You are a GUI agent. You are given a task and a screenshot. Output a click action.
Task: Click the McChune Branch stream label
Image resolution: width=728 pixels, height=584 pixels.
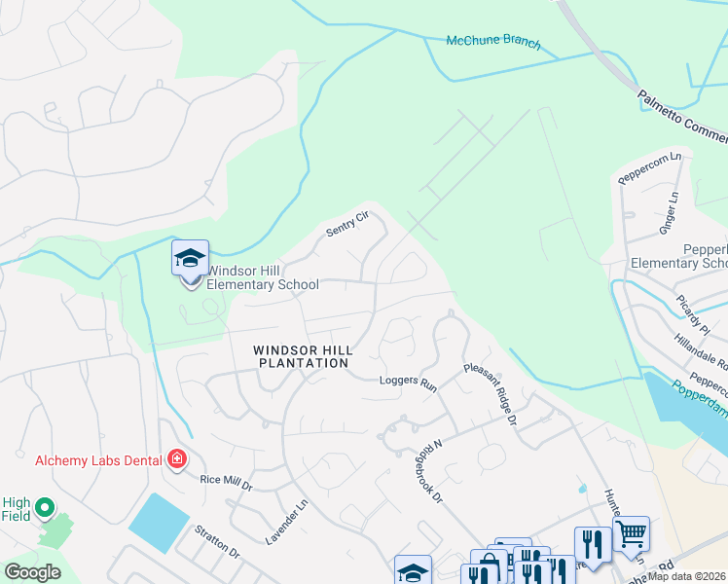click(x=492, y=43)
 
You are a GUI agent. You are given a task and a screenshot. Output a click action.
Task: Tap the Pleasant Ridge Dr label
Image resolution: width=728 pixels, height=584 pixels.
click(x=489, y=394)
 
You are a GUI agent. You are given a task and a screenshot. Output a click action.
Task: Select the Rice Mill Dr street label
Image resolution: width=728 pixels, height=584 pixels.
click(x=226, y=483)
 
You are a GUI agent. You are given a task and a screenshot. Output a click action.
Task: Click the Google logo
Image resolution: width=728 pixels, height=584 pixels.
click(x=32, y=572)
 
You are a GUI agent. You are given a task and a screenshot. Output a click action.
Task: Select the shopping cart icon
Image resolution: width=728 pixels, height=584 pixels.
click(x=632, y=532)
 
